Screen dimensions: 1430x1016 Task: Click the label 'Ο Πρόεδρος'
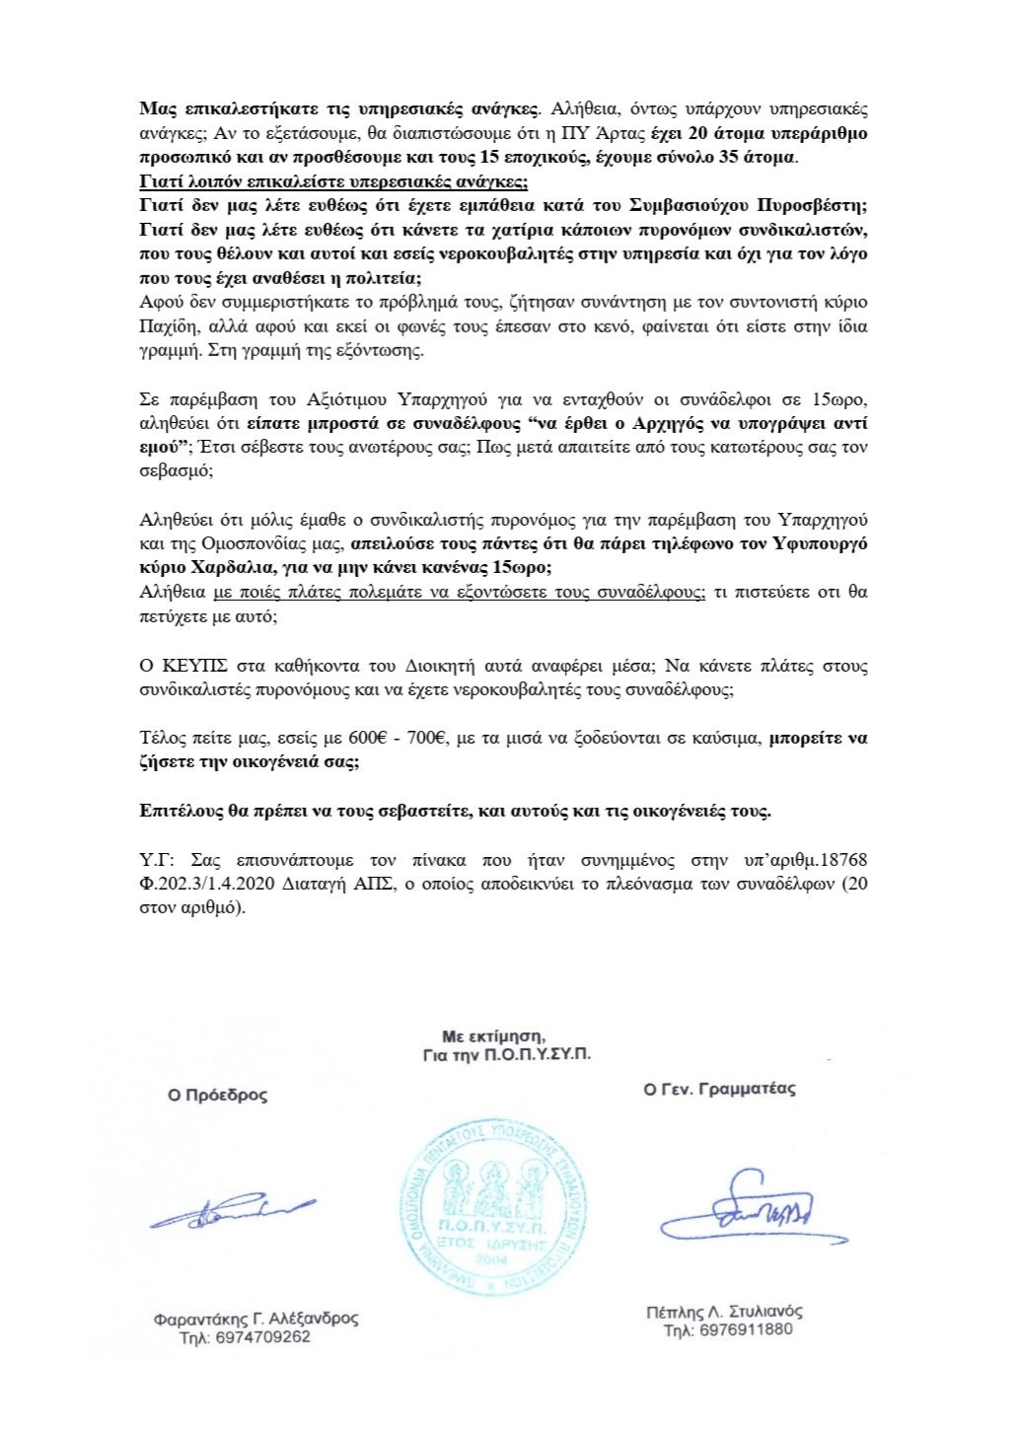tap(217, 1095)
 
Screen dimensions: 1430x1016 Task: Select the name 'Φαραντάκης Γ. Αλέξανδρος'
tap(256, 1319)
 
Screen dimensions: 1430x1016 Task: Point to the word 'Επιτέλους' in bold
tap(177, 812)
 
